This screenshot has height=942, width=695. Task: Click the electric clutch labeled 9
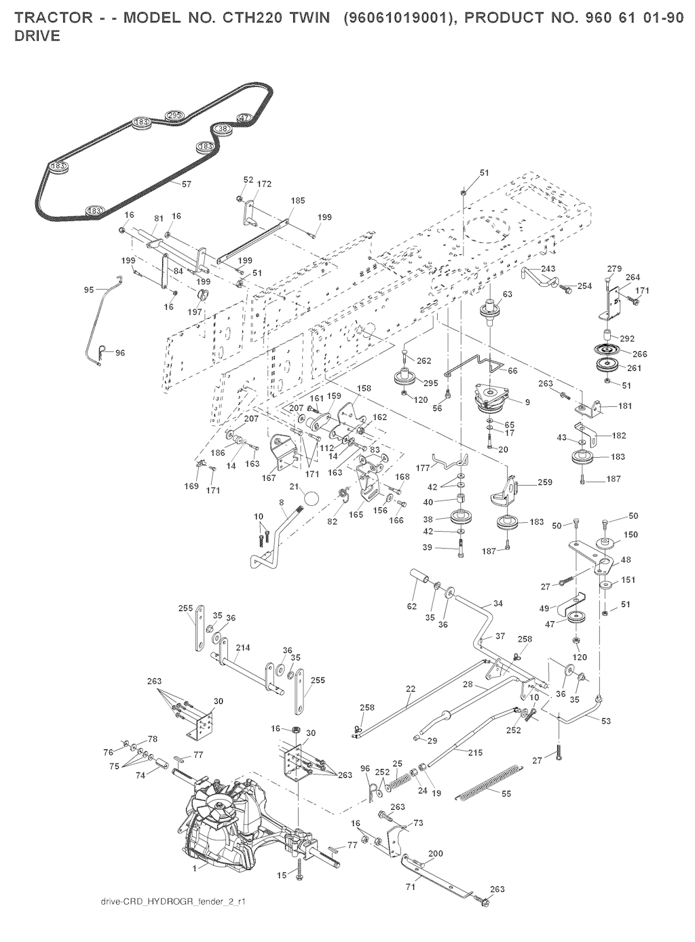click(x=491, y=399)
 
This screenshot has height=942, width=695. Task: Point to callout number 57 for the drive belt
click(x=187, y=183)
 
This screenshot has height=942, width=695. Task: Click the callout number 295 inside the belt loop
click(x=174, y=115)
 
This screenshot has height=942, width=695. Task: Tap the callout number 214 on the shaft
click(x=243, y=648)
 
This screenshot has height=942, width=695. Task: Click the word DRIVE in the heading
click(x=37, y=36)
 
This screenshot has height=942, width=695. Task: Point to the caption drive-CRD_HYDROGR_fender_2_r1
click(x=172, y=902)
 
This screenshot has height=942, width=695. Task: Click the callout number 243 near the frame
click(x=548, y=269)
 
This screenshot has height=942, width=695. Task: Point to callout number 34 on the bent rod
click(x=498, y=603)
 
